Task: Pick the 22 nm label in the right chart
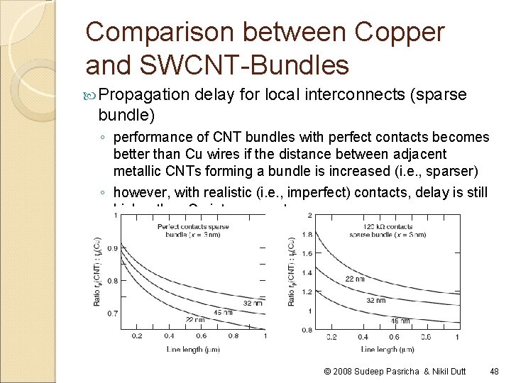click(x=356, y=278)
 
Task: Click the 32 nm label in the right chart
click(x=375, y=300)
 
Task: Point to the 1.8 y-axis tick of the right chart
click(x=306, y=234)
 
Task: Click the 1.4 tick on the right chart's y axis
click(x=306, y=272)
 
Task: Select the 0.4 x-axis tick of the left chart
click(x=169, y=336)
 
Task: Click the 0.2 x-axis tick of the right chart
click(x=331, y=336)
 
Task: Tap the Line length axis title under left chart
click(x=191, y=349)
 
